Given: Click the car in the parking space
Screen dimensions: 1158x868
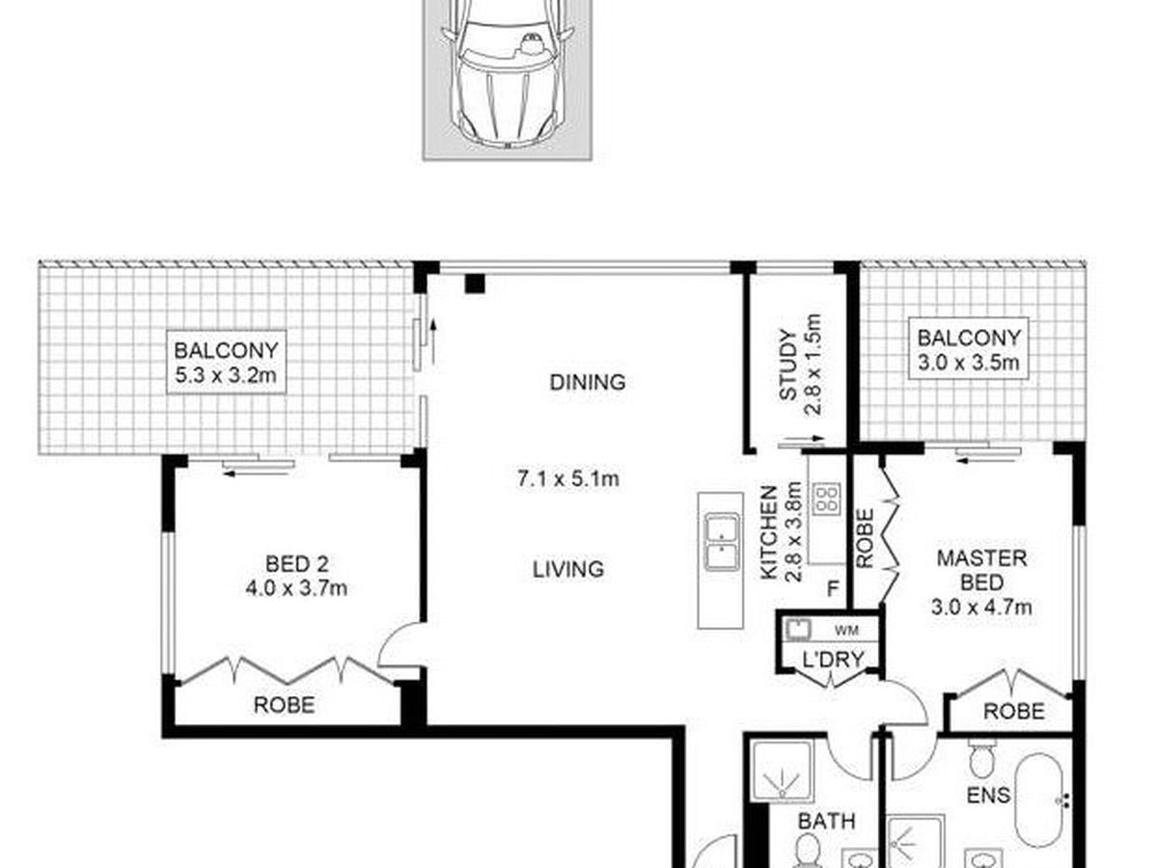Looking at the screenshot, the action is [x=507, y=71].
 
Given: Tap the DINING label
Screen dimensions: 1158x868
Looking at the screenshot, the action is [x=587, y=382].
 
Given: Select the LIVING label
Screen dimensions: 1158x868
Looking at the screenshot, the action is [x=567, y=569].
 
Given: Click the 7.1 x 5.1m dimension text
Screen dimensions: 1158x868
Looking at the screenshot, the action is [x=567, y=479].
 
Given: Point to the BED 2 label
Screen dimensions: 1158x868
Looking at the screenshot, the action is [x=296, y=564].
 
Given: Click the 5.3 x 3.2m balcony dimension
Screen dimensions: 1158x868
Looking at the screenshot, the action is [x=226, y=375].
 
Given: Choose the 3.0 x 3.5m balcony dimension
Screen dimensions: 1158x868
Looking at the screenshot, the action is [x=968, y=363].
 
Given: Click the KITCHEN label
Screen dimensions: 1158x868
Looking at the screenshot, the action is [x=769, y=532].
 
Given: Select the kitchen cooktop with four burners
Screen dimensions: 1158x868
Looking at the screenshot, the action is [x=827, y=499].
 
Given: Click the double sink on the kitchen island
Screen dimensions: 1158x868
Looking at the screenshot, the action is [x=721, y=542].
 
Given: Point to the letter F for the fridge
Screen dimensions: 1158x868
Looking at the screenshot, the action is [x=833, y=588].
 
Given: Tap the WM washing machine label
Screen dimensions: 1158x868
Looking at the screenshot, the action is [x=846, y=630].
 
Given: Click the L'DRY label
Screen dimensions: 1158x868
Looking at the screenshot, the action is [x=833, y=659].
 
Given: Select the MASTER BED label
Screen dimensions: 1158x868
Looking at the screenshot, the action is [x=981, y=570].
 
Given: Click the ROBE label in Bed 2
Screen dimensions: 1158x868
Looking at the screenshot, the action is [x=284, y=705].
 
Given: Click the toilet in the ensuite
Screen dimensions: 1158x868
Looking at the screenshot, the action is [x=981, y=758].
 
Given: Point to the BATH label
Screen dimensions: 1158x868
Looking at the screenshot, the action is [x=826, y=821].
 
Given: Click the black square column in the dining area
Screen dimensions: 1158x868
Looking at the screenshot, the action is [x=474, y=284].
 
